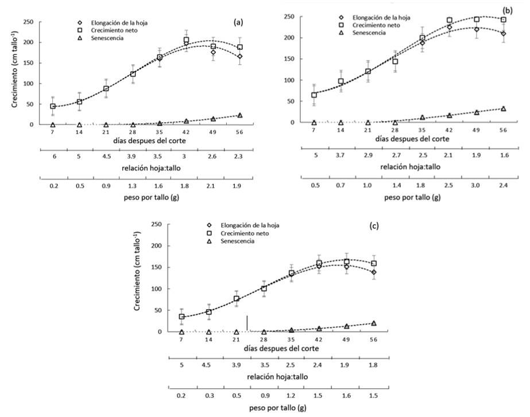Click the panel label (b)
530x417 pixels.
pos(507,10)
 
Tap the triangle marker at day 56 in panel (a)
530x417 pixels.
pos(240,115)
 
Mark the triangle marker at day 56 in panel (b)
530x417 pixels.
pos(504,108)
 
